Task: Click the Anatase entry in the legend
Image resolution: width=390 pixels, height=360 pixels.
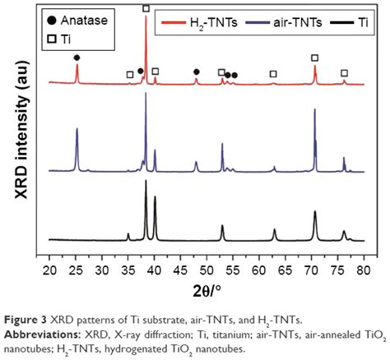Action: pos(79,17)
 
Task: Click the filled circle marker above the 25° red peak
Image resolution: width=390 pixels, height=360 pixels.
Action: pos(77,58)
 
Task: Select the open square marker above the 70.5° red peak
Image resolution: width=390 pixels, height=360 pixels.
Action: pos(315,58)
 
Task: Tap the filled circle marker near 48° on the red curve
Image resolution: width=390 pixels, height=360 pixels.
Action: pos(196,72)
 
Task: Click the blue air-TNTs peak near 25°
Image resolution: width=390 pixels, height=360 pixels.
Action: pos(77,130)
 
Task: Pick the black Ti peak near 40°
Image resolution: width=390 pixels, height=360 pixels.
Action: pos(155,198)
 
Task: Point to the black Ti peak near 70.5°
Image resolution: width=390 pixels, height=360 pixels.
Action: pos(315,212)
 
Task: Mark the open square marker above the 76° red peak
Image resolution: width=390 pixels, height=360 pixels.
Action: pos(344,73)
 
